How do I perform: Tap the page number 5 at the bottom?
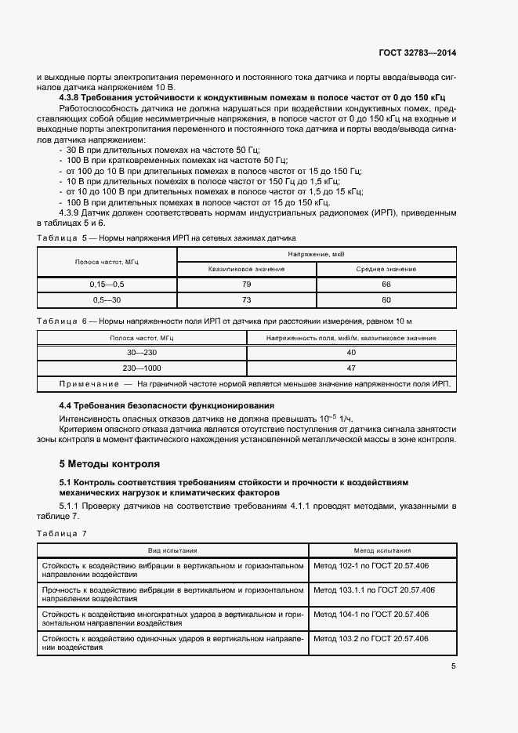tap(453, 666)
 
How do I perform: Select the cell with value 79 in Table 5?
tap(246, 284)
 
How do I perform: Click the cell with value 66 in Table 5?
tap(386, 284)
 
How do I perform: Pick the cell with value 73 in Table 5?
tap(246, 299)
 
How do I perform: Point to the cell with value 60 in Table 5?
tap(386, 299)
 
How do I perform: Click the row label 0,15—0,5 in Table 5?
tap(107, 284)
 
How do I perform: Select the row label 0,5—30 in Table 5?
tap(107, 299)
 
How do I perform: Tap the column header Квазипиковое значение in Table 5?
tap(246, 269)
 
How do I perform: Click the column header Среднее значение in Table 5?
tap(386, 269)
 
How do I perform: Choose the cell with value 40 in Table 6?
tap(351, 353)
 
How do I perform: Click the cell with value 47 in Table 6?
tap(351, 368)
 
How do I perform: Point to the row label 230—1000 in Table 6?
tap(142, 368)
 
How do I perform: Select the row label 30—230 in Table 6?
tap(142, 353)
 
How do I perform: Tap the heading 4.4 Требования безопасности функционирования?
tap(166, 405)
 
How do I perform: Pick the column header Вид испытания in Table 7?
tap(173, 550)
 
